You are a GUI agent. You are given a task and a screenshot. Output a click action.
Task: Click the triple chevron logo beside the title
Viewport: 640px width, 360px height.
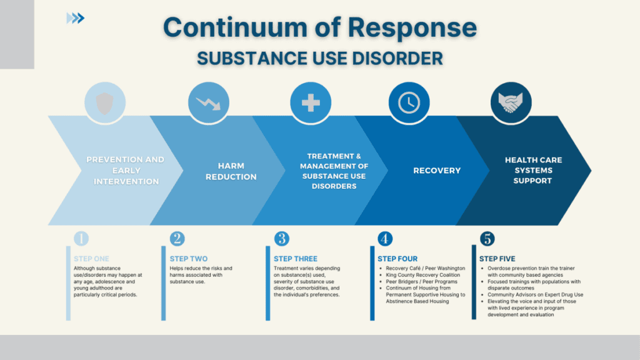(x=76, y=19)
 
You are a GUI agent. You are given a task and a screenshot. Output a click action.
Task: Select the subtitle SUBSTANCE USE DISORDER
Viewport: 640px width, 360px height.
(x=319, y=58)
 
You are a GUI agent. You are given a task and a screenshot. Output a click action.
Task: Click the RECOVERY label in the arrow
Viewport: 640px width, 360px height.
(x=436, y=171)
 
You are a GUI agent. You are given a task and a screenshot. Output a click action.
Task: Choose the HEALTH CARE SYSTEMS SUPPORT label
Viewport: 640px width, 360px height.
(x=533, y=171)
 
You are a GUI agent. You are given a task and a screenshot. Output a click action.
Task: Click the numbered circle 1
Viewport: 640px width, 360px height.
(x=81, y=239)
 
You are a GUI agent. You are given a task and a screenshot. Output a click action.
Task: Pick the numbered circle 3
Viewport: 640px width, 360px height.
(x=281, y=239)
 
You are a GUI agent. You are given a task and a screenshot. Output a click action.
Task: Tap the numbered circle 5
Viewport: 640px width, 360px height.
(x=487, y=239)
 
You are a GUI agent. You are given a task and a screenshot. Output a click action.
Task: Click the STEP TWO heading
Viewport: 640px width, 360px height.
(x=189, y=259)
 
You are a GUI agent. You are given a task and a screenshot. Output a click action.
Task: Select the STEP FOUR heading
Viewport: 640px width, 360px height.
(x=397, y=259)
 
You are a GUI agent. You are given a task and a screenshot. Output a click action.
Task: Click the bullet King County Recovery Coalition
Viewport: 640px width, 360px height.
(x=422, y=275)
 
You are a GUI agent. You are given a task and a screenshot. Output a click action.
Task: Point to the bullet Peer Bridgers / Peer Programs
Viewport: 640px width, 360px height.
(x=421, y=282)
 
